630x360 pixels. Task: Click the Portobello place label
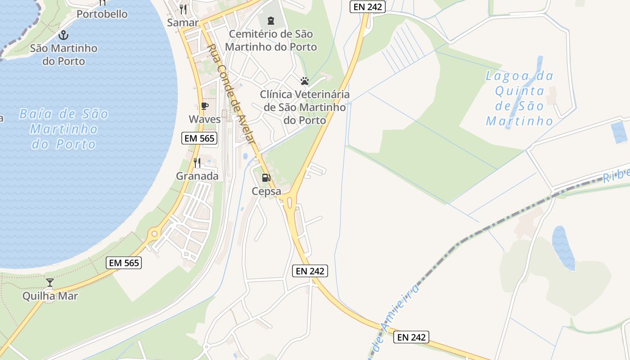pyautogui.click(x=102, y=14)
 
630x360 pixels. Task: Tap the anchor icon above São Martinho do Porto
pyautogui.click(x=64, y=35)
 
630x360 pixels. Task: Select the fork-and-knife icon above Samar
pyautogui.click(x=183, y=9)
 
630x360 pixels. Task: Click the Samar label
pyautogui.click(x=183, y=22)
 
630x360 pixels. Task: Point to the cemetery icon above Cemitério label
pyautogui.click(x=271, y=20)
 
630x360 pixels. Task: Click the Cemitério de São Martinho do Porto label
pyautogui.click(x=271, y=40)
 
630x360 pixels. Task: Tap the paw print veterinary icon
pyautogui.click(x=305, y=81)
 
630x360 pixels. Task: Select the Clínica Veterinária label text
pyautogui.click(x=305, y=108)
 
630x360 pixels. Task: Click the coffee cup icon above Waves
pyautogui.click(x=204, y=106)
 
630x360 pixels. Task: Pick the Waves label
pyautogui.click(x=205, y=119)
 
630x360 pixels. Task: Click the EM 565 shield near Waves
pyautogui.click(x=199, y=138)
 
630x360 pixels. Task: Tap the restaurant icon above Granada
pyautogui.click(x=197, y=162)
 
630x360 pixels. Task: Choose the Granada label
pyautogui.click(x=197, y=176)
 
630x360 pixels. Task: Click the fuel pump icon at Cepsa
pyautogui.click(x=266, y=178)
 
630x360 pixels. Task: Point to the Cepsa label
pyautogui.click(x=266, y=191)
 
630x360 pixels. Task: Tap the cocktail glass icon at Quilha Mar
pyautogui.click(x=50, y=283)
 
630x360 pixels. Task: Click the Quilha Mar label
pyautogui.click(x=50, y=296)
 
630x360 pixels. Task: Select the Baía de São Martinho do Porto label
pyautogui.click(x=63, y=129)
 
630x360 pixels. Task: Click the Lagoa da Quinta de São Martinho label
pyautogui.click(x=520, y=99)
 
